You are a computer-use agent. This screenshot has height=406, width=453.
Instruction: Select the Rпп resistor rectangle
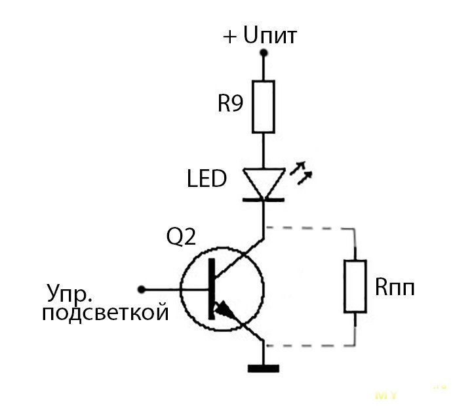[355, 285]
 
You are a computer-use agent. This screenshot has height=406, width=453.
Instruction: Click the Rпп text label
[395, 287]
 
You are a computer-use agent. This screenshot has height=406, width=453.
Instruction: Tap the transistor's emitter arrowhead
[225, 309]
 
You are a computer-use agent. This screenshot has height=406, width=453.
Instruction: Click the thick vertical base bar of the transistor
[211, 289]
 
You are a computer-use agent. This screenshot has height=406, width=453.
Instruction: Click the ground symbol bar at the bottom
[264, 369]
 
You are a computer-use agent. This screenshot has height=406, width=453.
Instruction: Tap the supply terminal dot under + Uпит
[264, 55]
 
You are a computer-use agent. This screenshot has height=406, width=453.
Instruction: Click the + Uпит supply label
[260, 35]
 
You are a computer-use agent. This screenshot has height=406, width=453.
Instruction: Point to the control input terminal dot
[141, 289]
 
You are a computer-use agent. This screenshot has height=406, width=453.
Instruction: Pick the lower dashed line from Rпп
[308, 344]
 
